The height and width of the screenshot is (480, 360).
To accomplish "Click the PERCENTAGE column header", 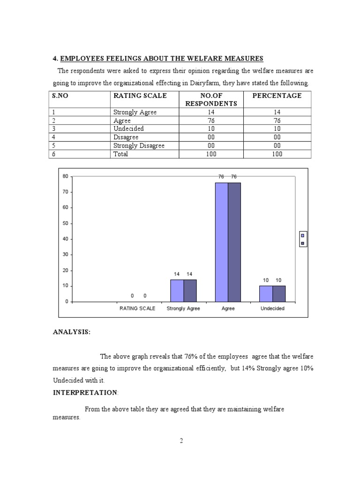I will (277, 96).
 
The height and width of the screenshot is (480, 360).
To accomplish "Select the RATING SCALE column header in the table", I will (140, 96).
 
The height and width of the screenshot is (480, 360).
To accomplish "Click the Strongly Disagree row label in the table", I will (139, 145).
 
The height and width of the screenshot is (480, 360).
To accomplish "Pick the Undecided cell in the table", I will (128, 128).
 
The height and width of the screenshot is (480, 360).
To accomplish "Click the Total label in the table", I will (120, 154).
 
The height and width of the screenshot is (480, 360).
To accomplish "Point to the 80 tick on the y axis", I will (65, 176).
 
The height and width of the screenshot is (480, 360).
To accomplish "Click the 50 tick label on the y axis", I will (65, 223).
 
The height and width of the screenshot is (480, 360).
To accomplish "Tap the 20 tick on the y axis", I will (65, 270).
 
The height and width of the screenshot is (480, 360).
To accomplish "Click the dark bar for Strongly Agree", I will (190, 291).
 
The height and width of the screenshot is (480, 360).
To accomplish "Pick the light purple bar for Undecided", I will (266, 293).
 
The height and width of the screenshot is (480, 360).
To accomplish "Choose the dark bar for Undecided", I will (279, 293).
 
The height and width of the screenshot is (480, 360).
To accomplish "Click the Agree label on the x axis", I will (228, 309).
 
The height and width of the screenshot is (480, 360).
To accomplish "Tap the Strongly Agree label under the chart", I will (183, 309).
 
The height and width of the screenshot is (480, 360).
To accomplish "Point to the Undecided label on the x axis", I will (272, 309).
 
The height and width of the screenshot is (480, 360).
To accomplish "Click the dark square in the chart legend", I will (303, 243).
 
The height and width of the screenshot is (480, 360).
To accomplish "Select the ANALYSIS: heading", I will (71, 332).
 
